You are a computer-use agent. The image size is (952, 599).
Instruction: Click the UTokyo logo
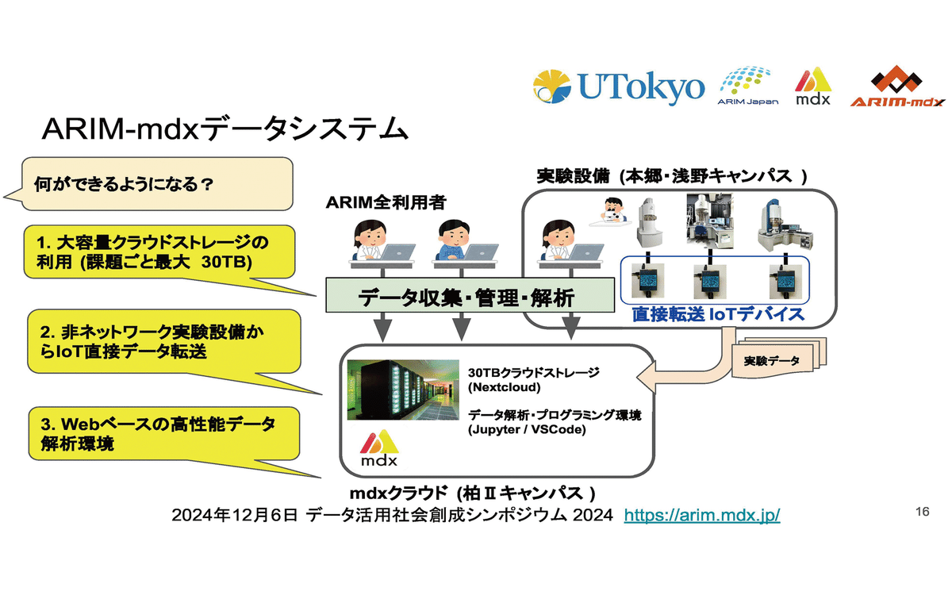[618, 87]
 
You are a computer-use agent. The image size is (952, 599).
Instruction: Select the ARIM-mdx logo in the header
[897, 86]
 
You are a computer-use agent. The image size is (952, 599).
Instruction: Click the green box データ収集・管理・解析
[465, 298]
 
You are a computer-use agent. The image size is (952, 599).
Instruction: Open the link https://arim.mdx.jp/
[702, 515]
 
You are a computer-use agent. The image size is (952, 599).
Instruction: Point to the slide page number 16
[921, 512]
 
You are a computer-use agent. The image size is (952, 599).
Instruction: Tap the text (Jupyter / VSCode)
[527, 430]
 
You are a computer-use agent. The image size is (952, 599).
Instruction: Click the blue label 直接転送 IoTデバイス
[718, 315]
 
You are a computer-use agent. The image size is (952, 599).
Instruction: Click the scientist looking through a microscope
[612, 211]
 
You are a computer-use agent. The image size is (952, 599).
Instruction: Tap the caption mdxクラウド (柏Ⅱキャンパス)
[474, 491]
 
